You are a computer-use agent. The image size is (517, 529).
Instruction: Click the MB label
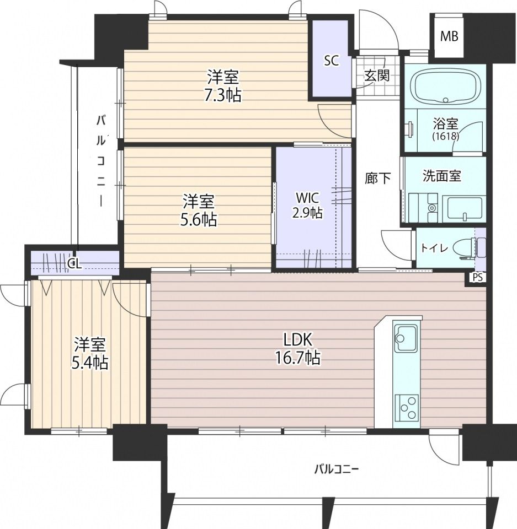pyautogui.click(x=449, y=36)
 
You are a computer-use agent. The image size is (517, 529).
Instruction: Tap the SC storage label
pyautogui.click(x=332, y=61)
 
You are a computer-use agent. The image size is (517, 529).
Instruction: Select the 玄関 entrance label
pyautogui.click(x=377, y=75)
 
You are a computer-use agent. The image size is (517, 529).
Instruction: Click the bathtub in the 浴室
pyautogui.click(x=445, y=87)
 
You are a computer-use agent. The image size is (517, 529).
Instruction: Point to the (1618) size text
pyautogui.click(x=446, y=136)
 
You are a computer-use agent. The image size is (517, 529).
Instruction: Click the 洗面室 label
pyautogui.click(x=441, y=176)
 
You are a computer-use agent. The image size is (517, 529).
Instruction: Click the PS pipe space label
pyautogui.click(x=477, y=278)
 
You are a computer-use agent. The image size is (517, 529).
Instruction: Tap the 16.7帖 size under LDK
pyautogui.click(x=297, y=358)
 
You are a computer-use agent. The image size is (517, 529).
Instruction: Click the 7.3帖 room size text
pyautogui.click(x=222, y=95)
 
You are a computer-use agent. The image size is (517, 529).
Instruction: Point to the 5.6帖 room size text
pyautogui.click(x=198, y=220)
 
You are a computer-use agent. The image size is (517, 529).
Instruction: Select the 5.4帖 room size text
pyautogui.click(x=89, y=363)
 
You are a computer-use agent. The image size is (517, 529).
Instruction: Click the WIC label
pyautogui.click(x=307, y=197)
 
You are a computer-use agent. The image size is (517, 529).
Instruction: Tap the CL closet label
pyautogui.click(x=74, y=264)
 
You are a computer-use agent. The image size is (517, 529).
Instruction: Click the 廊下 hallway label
pyautogui.click(x=378, y=179)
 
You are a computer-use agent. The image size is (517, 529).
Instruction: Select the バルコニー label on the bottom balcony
pyautogui.click(x=337, y=469)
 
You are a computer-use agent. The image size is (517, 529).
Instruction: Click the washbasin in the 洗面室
pyautogui.click(x=465, y=208)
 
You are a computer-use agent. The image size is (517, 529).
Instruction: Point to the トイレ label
pyautogui.click(x=434, y=249)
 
